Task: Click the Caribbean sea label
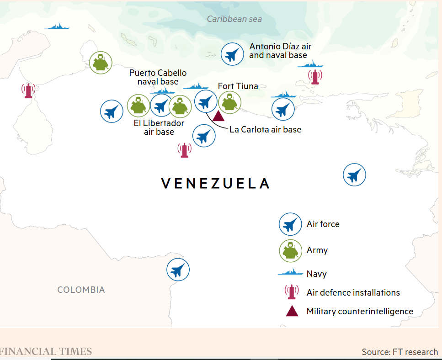[234, 19]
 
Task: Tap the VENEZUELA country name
[215, 183]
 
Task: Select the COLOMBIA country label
[81, 290]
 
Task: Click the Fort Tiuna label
[238, 86]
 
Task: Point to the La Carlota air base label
[265, 129]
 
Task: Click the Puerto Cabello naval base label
[158, 77]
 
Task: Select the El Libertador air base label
[159, 127]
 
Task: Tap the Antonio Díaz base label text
[280, 51]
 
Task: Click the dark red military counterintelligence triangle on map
[218, 116]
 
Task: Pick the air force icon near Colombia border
[178, 270]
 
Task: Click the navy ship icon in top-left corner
[57, 26]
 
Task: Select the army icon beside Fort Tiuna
[229, 102]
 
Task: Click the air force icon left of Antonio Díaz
[232, 54]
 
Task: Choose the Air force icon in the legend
[290, 224]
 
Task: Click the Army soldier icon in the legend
[290, 250]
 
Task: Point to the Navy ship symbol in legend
[291, 273]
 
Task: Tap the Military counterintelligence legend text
[360, 312]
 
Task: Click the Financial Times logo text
[46, 351]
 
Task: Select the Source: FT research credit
[399, 352]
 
